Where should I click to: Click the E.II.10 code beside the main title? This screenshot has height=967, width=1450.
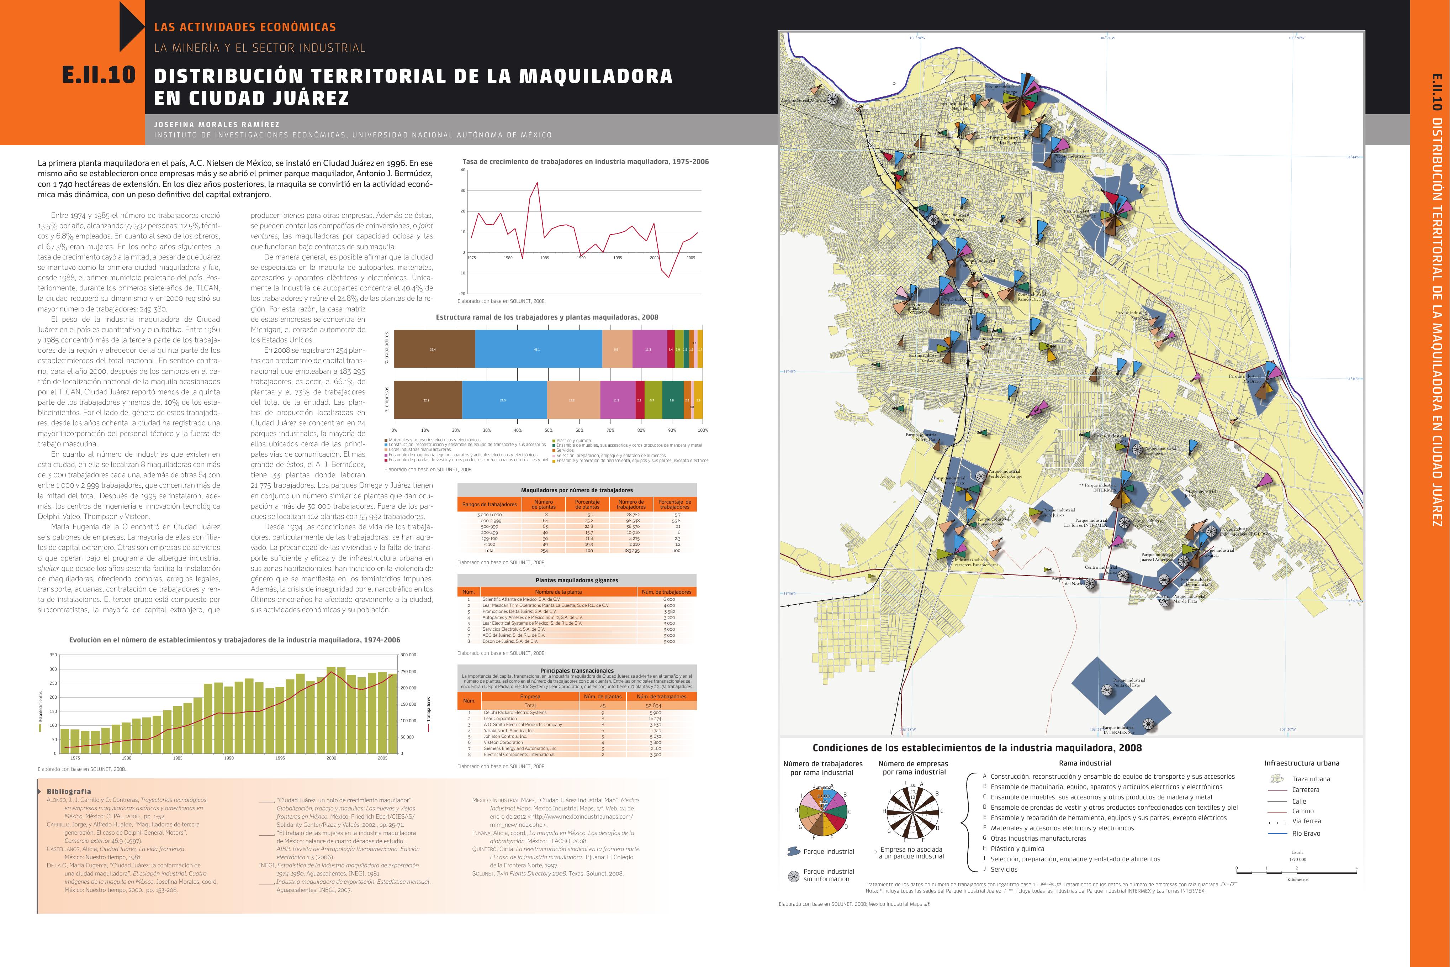coord(99,75)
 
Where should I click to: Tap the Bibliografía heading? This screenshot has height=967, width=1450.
coord(69,791)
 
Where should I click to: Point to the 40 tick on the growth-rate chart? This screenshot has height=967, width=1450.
coord(463,170)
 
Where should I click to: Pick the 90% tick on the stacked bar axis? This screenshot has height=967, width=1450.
coord(672,430)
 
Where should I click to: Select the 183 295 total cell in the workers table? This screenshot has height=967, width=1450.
coord(632,550)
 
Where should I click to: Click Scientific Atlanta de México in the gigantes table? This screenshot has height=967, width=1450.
coord(521,599)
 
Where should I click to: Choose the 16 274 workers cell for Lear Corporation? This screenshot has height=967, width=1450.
coord(655,719)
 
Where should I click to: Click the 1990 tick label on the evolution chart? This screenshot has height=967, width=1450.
coord(229,758)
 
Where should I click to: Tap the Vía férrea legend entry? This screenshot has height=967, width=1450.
coord(1306,821)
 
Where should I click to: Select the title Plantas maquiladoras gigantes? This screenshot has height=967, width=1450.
coord(576,580)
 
